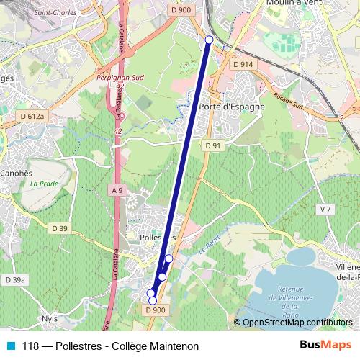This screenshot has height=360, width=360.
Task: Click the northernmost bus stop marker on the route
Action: (x=209, y=40)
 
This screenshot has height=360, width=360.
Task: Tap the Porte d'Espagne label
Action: (x=231, y=107)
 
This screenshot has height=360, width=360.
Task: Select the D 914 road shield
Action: (x=243, y=64)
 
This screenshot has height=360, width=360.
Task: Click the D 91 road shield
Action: (x=212, y=145)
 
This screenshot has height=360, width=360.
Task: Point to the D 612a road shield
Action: (x=32, y=115)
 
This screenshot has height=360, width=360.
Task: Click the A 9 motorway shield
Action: (x=117, y=189)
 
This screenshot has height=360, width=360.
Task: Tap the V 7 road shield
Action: (x=326, y=209)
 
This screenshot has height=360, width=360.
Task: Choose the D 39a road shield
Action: (x=14, y=279)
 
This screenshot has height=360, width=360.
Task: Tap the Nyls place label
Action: (x=50, y=318)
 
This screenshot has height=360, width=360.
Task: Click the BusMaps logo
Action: (x=325, y=346)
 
